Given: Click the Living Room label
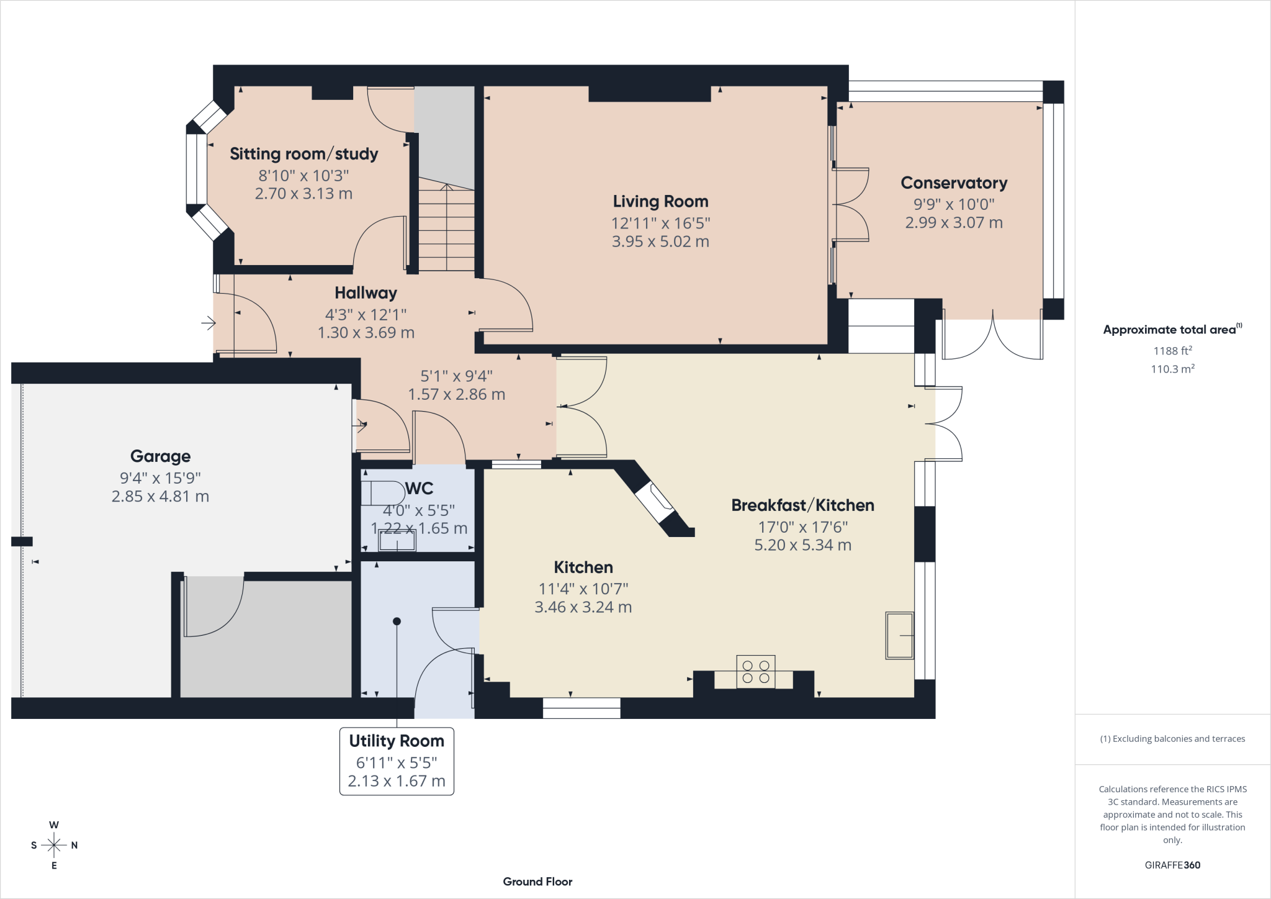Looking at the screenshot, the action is pos(660,201).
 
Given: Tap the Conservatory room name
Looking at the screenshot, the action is pos(954,183).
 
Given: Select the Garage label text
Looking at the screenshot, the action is pos(160,456).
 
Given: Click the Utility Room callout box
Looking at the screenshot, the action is pos(397,761).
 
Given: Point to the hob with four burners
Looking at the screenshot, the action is pos(756,672).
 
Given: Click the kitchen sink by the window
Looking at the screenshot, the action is pos(900,635).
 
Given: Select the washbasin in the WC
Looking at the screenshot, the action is pos(397,540).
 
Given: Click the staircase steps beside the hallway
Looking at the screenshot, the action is pos(446,227).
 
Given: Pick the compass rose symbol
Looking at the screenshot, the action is pos(54,845).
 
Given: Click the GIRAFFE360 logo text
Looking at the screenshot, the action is pos(1172,865).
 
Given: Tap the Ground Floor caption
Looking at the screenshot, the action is pos(537,882).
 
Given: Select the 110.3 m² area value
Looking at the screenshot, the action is pos(1172,369).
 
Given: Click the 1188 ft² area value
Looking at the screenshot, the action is pos(1172,351).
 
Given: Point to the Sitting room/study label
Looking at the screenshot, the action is pos(304,154).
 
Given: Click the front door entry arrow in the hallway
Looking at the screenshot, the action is pos(209,323).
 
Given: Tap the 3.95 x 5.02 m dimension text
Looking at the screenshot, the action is pos(660,242).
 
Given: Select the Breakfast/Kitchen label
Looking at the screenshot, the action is pos(803,505).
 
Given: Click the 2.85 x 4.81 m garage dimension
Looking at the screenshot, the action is pos(160,497).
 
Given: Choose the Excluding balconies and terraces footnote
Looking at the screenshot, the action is pos(1172,739).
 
